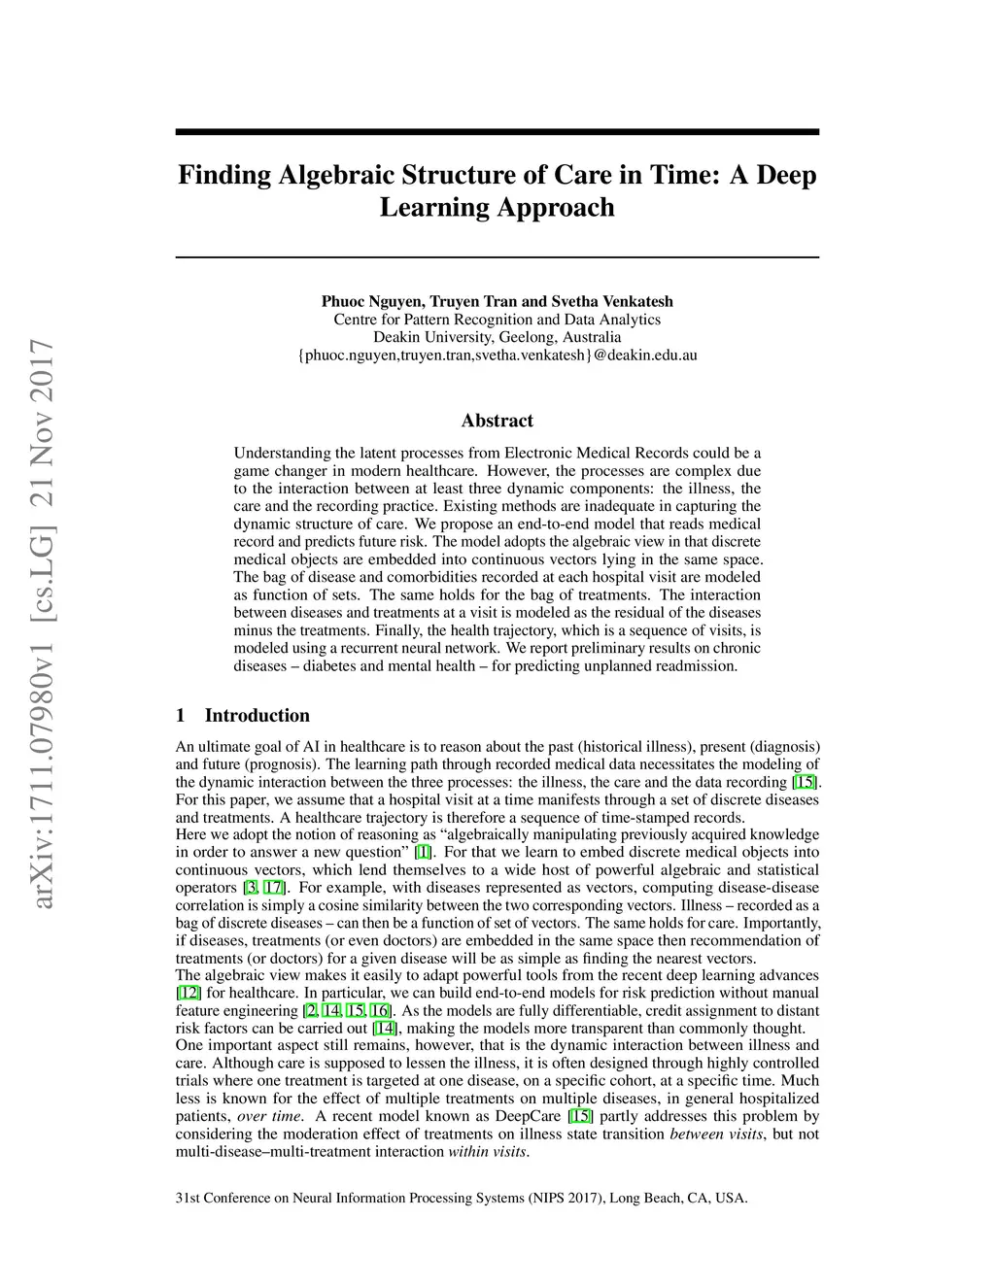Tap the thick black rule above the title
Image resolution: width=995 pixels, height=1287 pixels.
tap(497, 131)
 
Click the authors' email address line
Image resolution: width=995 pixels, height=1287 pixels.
tap(497, 355)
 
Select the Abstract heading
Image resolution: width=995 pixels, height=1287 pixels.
tap(497, 421)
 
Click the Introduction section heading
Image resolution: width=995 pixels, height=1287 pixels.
tap(257, 716)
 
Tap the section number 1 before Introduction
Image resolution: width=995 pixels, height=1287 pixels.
tap(181, 716)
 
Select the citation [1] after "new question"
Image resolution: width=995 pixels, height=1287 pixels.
tap(423, 852)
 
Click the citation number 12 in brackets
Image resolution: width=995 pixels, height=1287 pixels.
tap(189, 993)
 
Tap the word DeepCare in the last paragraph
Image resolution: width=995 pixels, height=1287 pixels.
tap(532, 1116)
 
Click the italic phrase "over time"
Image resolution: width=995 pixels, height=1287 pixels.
tap(269, 1116)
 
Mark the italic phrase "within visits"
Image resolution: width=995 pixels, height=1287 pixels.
tap(487, 1152)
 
